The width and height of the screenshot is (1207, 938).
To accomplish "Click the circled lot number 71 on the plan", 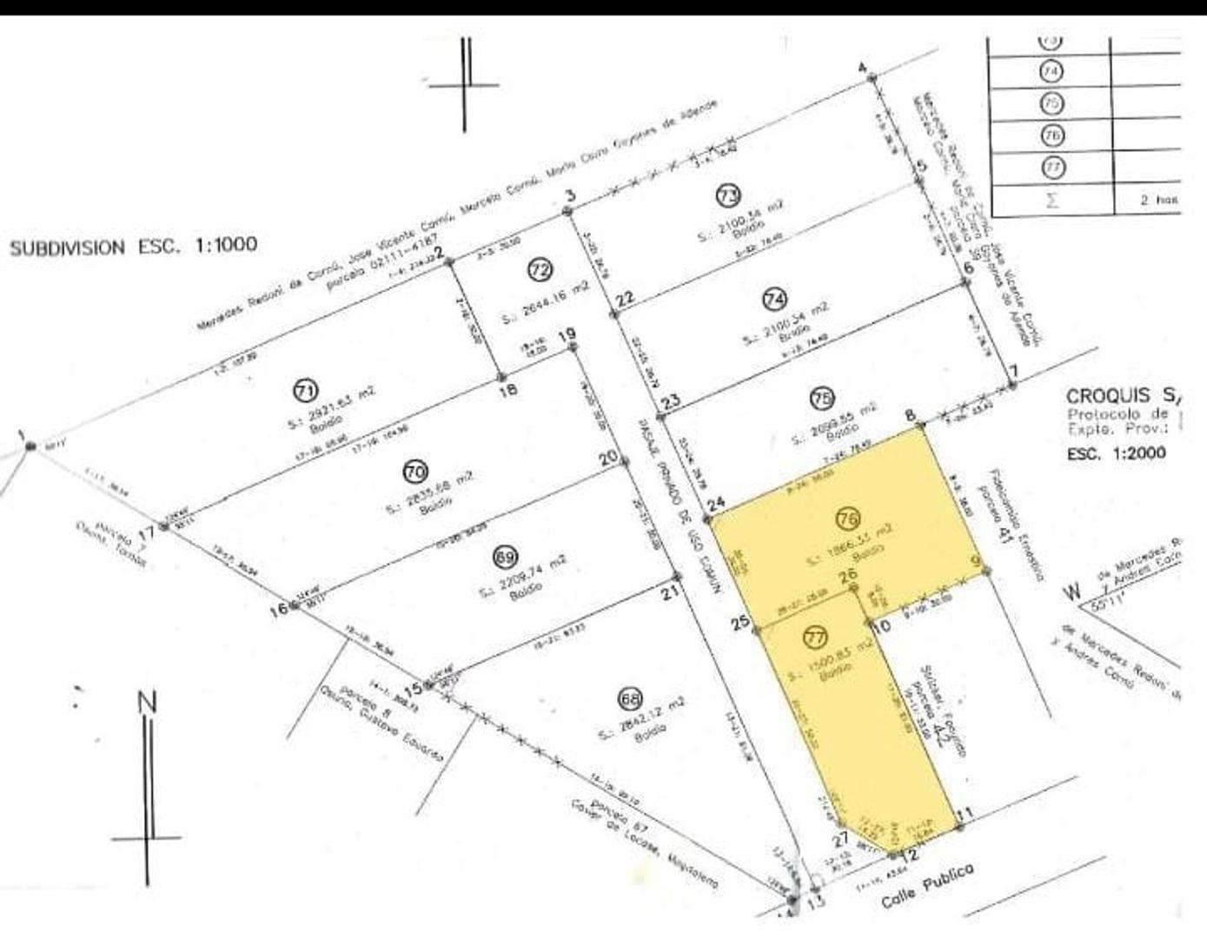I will click(305, 391).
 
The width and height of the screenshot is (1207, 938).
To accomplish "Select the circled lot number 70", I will click(414, 472).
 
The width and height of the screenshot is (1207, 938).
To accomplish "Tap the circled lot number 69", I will click(503, 556).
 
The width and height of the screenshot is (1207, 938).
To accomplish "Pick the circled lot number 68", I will click(629, 699).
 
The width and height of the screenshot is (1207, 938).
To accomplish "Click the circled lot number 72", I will click(540, 271).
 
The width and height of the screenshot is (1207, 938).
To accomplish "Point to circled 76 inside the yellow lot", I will click(848, 519).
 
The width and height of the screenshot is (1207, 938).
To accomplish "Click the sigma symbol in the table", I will click(1051, 200).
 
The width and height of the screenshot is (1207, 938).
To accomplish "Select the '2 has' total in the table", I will click(1159, 200).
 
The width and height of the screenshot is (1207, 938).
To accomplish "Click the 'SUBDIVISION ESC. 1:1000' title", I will click(133, 247).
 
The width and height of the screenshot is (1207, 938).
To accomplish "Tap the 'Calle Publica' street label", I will click(927, 885).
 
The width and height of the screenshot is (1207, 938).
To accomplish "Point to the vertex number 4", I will click(862, 69).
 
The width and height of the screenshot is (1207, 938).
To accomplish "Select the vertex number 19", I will click(567, 334).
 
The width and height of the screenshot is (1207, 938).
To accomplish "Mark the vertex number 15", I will click(413, 688).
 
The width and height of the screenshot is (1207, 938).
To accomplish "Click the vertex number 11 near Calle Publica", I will click(964, 814).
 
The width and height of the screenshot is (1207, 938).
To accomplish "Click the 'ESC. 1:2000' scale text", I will click(1117, 453).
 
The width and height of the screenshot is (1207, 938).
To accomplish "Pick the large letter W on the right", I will click(1074, 592).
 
